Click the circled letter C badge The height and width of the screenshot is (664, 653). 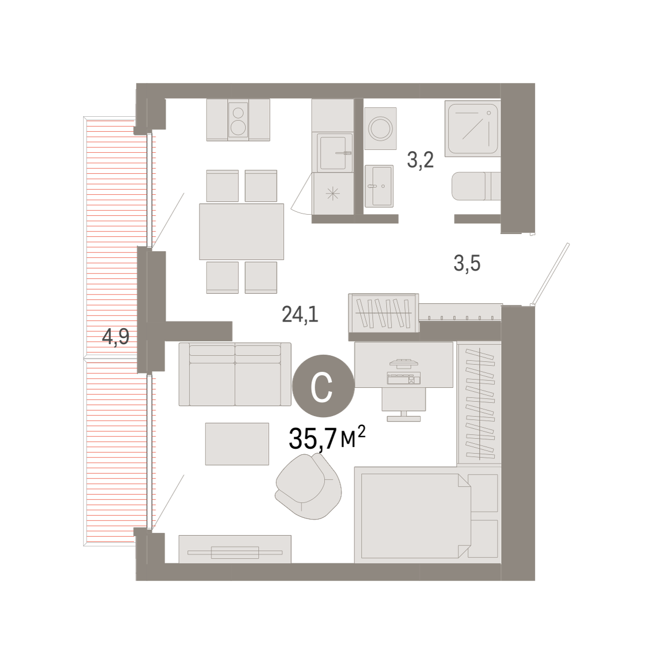(323, 386)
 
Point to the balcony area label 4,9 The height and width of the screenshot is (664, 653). (116, 336)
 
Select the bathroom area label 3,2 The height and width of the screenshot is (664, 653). (420, 160)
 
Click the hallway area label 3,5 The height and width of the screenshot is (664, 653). (467, 263)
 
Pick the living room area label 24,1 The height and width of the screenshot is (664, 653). (300, 315)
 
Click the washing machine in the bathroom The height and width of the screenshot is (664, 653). (380, 128)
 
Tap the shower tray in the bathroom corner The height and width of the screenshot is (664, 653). (472, 128)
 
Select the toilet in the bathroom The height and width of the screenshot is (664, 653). (476, 186)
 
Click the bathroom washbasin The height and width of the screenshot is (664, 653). (379, 186)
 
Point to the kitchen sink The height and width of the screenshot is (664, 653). (332, 153)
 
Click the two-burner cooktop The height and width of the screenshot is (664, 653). (238, 120)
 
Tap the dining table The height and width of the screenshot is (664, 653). (241, 231)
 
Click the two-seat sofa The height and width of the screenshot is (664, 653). (235, 374)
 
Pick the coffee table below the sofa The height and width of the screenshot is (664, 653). (237, 444)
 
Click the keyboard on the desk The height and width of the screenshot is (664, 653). (404, 378)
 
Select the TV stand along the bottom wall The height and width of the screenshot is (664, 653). (235, 549)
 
